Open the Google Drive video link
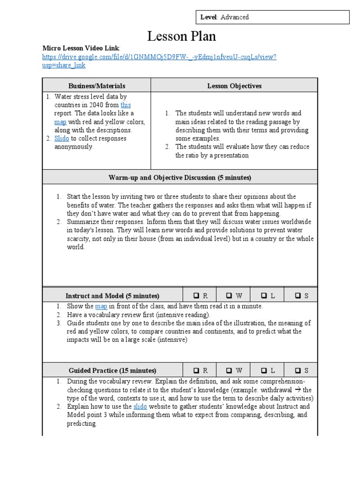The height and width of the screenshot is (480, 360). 159,57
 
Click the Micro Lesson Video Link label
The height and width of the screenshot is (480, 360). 81,48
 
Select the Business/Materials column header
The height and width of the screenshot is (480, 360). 97,86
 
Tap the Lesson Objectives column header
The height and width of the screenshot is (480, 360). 234,86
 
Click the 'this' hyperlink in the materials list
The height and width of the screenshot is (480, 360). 125,105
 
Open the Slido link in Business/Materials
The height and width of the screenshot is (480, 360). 61,139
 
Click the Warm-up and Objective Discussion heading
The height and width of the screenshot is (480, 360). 180,178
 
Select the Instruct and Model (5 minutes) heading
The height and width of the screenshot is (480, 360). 112,296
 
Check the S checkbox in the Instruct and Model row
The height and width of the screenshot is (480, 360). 298,296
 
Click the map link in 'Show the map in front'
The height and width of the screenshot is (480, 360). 101,307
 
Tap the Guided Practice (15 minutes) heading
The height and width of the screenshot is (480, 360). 112,370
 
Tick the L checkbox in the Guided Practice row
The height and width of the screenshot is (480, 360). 264,370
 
